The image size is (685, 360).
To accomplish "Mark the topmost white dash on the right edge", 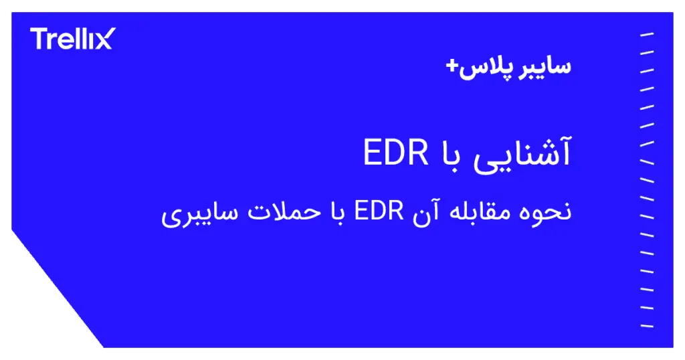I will pos(646,34).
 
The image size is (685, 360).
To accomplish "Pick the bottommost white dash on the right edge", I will pos(646,326).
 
